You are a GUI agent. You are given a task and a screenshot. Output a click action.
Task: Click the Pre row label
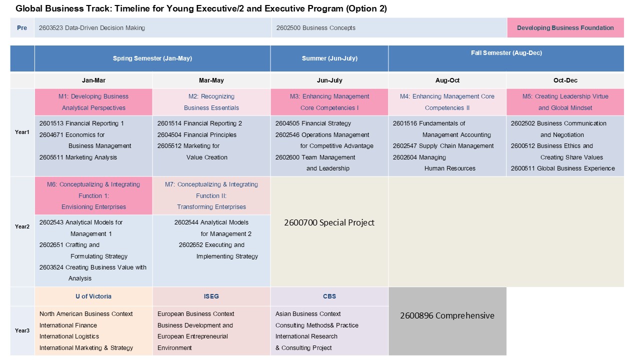tap(22, 28)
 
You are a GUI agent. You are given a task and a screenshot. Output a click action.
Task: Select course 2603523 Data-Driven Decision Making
tap(92, 28)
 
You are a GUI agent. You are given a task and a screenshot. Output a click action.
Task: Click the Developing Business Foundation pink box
tap(565, 28)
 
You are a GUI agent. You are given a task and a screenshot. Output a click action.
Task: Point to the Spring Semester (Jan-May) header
tap(152, 58)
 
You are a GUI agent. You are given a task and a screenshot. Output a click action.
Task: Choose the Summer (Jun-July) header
tap(329, 58)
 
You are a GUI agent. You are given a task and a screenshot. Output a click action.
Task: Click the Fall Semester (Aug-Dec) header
tap(506, 53)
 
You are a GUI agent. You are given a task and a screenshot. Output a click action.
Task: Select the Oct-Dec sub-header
tap(565, 80)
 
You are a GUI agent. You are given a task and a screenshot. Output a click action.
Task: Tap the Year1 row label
tap(22, 132)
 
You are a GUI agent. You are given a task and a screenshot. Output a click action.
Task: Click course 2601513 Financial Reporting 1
tap(81, 123)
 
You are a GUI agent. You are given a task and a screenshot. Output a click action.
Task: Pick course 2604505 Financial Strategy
tap(313, 123)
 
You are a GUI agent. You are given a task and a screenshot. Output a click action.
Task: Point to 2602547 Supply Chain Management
tap(443, 146)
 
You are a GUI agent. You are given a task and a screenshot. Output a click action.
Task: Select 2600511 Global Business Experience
tap(562, 168)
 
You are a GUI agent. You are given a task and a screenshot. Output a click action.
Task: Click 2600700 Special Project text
tap(329, 222)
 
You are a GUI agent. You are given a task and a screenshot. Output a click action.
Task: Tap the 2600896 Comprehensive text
tap(447, 315)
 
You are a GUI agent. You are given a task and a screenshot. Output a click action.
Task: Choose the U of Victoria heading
tap(93, 296)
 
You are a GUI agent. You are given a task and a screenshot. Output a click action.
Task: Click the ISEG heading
tap(211, 296)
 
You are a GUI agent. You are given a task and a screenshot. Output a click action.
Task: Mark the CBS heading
tap(329, 296)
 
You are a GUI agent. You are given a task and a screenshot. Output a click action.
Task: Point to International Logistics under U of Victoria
tap(69, 336)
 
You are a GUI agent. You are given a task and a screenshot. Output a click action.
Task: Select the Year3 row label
tap(22, 330)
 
